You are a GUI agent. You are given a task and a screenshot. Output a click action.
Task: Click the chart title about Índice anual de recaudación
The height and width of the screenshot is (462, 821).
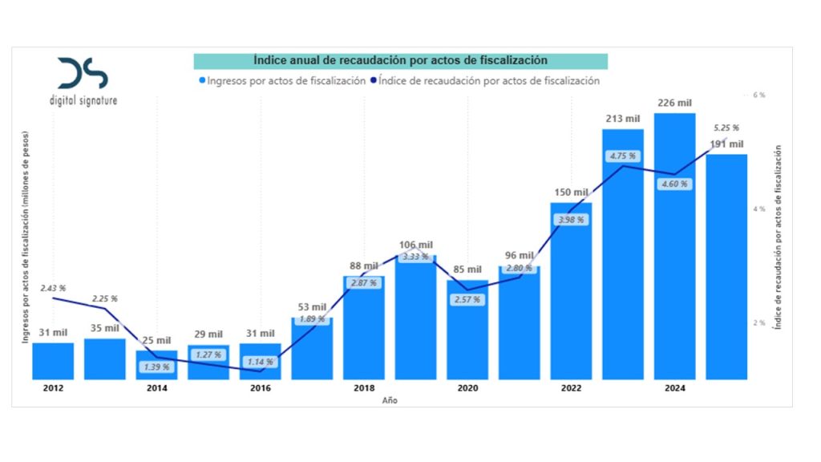[x=400, y=61]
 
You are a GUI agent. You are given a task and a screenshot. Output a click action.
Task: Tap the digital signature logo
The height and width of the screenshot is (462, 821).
[x=83, y=82]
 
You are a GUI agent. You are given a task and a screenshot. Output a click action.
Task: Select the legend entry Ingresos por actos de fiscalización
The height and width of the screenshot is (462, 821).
[x=281, y=81]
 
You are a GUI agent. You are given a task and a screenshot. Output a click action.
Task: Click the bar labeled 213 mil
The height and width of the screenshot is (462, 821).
[x=623, y=257]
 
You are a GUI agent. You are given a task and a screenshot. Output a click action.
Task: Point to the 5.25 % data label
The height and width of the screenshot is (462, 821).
[x=725, y=128]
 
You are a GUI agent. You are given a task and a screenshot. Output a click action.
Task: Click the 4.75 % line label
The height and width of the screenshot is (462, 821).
[x=622, y=156]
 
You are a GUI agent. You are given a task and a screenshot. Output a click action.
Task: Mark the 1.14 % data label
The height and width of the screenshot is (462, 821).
[x=260, y=362]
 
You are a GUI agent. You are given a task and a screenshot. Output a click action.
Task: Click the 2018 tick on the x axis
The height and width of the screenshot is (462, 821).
[x=363, y=389]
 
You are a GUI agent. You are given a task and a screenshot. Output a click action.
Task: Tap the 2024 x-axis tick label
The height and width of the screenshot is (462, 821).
[x=674, y=389]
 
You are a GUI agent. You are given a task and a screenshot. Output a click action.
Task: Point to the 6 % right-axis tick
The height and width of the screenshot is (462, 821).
[x=758, y=95]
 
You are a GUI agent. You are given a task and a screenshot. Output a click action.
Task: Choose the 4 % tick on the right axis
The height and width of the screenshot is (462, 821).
[x=758, y=209]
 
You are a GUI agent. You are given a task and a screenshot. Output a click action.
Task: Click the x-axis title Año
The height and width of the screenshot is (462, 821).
[x=389, y=400]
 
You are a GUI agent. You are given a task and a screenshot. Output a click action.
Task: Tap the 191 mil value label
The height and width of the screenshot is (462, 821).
[x=726, y=144]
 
